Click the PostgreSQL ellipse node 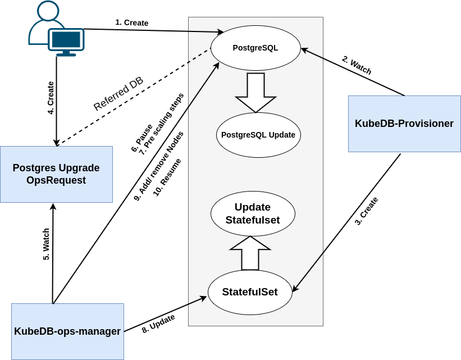255,48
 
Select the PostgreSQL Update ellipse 258,135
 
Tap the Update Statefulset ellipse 253,213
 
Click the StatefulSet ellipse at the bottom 250,292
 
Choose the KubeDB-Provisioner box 404,124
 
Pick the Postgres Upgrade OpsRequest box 56,174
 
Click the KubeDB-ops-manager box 67,331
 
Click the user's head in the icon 48,11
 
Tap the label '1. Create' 132,22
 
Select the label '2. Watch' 357,65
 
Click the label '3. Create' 366,211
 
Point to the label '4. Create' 51,98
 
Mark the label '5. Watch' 47,244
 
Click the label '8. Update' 158,324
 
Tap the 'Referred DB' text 118,94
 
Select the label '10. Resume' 167,177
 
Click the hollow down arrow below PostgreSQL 255,92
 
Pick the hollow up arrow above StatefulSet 250,253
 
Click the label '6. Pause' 142,138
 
